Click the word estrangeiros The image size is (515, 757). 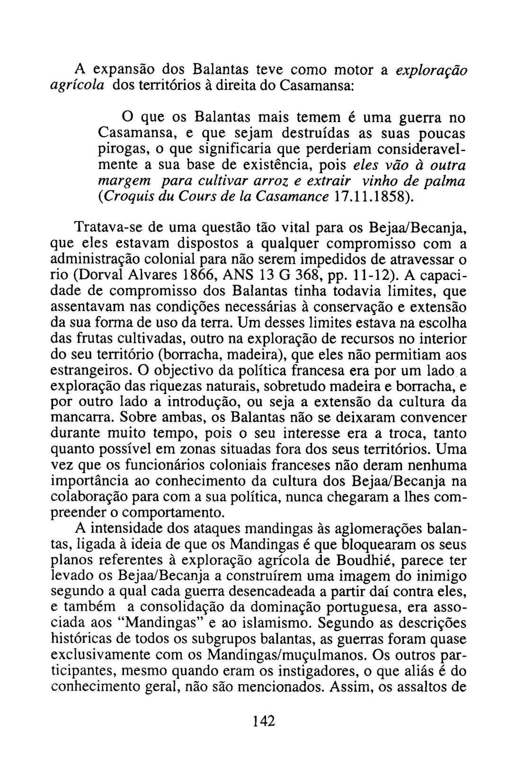coord(88,370)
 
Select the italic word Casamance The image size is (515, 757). coord(291,197)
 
